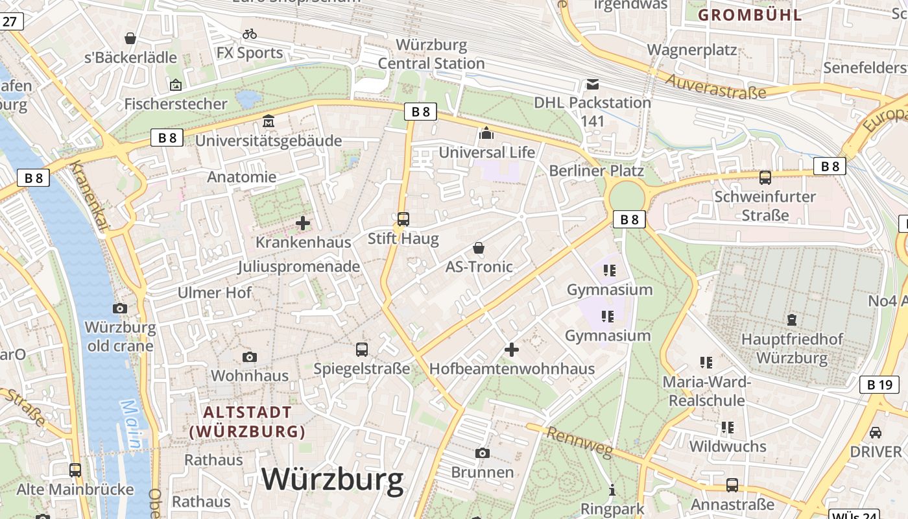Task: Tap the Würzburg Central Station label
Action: click(x=431, y=54)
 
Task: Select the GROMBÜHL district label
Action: click(x=750, y=15)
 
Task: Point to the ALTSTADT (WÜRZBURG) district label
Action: click(x=247, y=422)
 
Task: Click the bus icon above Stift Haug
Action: click(x=403, y=219)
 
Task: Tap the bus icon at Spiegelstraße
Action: click(x=362, y=350)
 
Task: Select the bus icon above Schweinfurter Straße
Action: click(x=765, y=177)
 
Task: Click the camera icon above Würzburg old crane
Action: click(x=120, y=308)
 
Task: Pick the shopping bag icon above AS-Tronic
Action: click(x=479, y=248)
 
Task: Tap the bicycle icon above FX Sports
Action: click(x=250, y=34)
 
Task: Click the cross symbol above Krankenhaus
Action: click(x=303, y=223)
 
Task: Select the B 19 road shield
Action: click(x=879, y=385)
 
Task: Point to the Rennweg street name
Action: click(x=579, y=443)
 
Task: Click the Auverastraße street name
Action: click(x=716, y=86)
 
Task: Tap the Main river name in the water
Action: click(x=131, y=424)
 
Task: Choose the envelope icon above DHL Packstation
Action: click(x=593, y=84)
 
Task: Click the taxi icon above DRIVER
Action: click(x=875, y=433)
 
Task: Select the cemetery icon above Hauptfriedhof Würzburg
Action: click(x=792, y=320)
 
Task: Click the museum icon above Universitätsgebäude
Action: click(x=269, y=121)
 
